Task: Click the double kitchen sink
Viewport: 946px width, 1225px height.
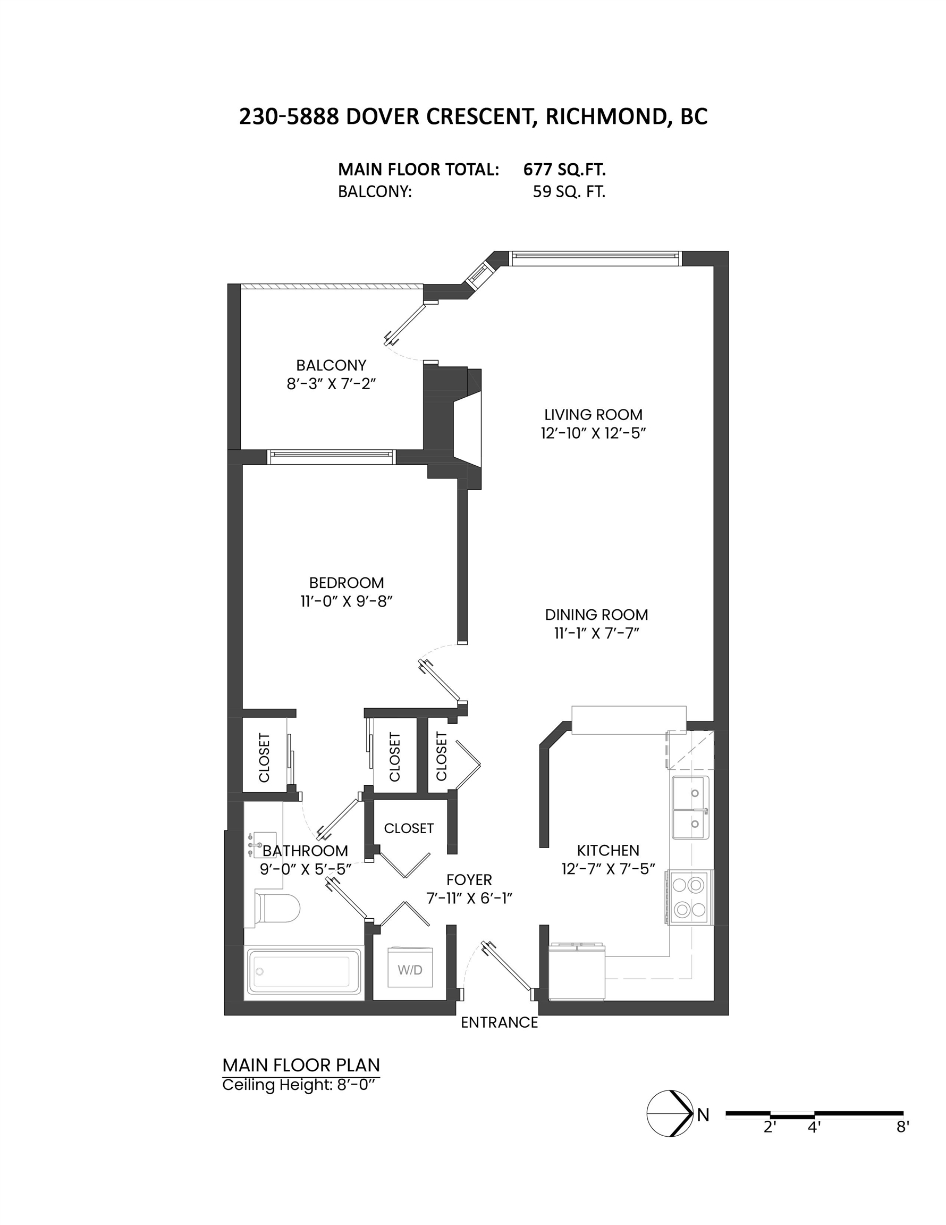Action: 690,807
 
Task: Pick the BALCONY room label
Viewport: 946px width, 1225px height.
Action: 331,365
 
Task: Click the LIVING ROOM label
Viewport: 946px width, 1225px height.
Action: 593,415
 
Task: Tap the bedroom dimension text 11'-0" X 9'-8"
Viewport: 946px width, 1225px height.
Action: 346,601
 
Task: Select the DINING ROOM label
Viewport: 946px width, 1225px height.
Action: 597,614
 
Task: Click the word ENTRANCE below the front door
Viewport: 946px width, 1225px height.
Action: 499,1022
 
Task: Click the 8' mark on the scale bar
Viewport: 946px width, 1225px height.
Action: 902,1126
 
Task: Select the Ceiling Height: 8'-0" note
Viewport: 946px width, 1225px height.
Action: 298,1084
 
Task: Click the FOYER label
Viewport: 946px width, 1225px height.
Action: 469,879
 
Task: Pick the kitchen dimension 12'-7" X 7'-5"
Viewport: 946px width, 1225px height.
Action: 609,869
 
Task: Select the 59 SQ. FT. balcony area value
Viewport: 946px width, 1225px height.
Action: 569,192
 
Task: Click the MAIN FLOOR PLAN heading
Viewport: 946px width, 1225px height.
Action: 301,1064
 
